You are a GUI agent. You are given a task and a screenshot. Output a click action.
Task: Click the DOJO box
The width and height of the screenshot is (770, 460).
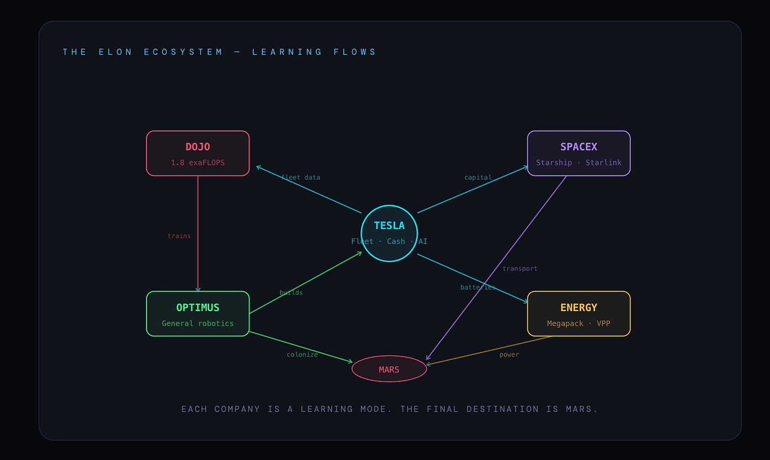tap(197, 153)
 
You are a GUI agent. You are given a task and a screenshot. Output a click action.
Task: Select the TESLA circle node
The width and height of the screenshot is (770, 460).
tap(389, 233)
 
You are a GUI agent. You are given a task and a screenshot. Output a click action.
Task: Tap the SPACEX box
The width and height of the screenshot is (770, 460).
tap(579, 153)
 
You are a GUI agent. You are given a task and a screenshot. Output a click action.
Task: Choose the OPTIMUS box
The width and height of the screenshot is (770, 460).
tap(197, 314)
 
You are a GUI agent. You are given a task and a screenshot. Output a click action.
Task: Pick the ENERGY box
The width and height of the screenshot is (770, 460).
tap(579, 314)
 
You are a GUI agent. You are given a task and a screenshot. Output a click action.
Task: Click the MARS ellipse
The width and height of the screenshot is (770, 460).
tap(389, 369)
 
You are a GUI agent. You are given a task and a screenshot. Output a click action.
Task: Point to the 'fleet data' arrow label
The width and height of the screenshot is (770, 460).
tap(301, 177)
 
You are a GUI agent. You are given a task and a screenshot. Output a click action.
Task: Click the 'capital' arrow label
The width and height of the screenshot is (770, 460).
tap(478, 177)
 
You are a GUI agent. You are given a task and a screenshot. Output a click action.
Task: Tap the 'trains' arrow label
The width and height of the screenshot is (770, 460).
tap(179, 236)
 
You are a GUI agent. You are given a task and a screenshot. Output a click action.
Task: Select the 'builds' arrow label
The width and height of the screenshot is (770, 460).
tap(291, 293)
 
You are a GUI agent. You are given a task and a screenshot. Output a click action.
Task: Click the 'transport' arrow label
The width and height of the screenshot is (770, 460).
tap(520, 269)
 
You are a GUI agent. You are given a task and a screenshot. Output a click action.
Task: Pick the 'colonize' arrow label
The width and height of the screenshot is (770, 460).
tap(302, 355)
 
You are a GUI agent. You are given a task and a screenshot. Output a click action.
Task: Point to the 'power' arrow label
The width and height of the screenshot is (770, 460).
tap(509, 355)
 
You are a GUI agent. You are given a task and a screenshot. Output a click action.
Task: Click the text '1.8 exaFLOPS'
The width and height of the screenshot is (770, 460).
tap(198, 163)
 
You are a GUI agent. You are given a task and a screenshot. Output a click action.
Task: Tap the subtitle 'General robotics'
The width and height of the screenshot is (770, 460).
tap(198, 323)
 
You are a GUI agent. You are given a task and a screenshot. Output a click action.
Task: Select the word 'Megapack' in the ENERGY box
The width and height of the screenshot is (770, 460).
tap(565, 323)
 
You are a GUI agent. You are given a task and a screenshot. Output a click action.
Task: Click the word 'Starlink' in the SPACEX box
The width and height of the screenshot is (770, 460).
tap(603, 163)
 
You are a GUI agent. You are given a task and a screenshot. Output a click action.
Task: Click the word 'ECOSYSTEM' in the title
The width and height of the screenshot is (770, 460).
tap(184, 52)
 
